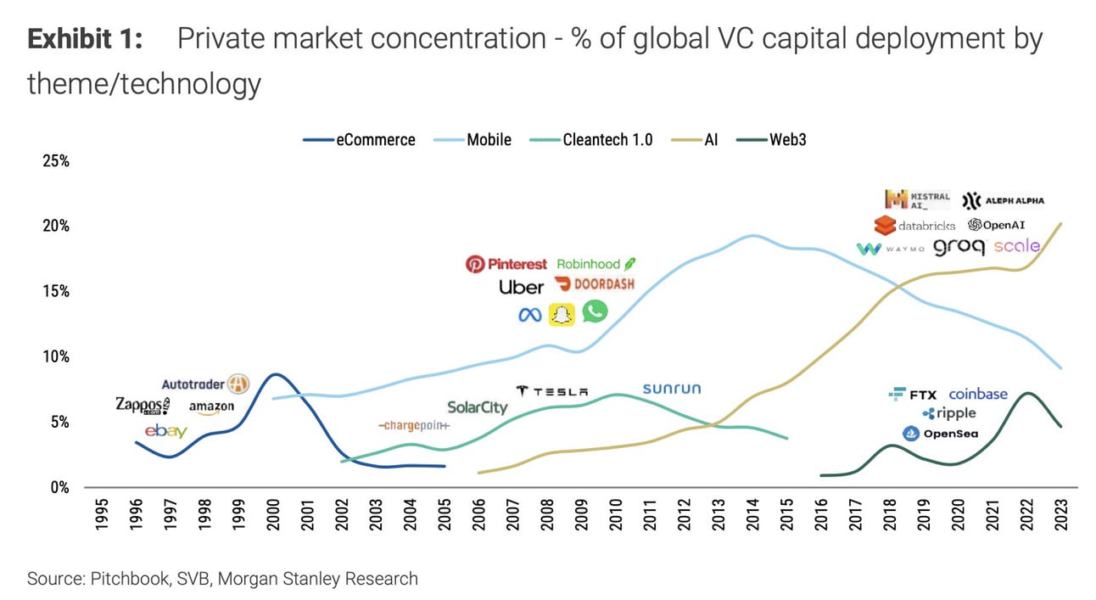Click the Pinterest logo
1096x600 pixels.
point(506,264)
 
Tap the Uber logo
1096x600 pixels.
point(521,288)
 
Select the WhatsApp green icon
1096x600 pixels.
point(595,311)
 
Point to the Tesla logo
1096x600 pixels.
point(551,391)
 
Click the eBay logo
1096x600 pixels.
point(165,431)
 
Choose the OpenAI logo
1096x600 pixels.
point(998,225)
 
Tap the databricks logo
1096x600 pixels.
point(914,226)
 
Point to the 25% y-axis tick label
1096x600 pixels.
point(55,161)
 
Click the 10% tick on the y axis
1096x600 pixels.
point(55,356)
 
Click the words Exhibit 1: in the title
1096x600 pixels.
point(85,40)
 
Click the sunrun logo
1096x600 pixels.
point(672,389)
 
